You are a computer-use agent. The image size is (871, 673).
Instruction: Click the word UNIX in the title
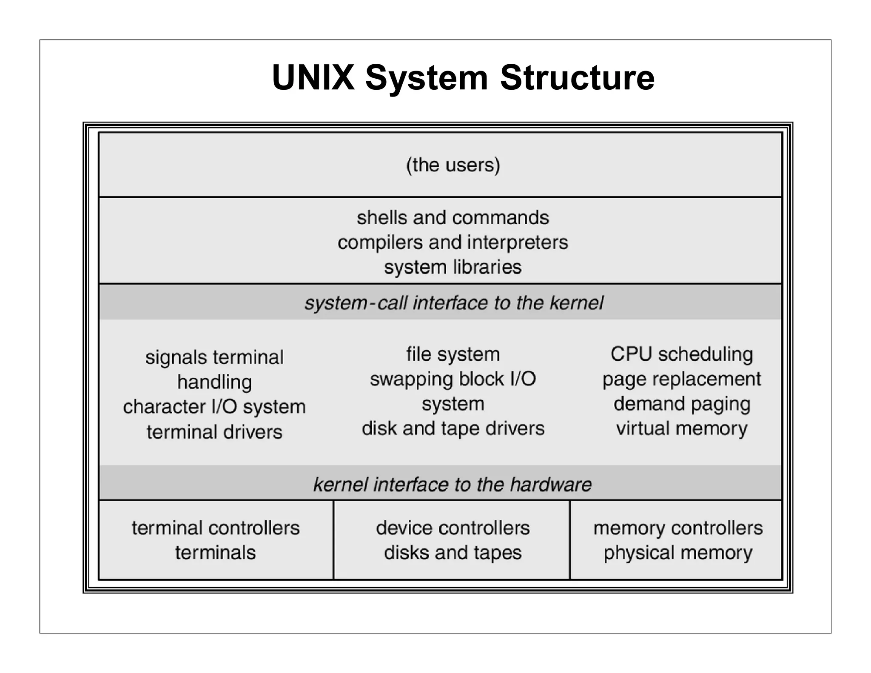313,77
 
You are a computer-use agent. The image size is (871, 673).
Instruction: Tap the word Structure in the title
577,77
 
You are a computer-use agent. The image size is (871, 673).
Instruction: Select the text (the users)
453,165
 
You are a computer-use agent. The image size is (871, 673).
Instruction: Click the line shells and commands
453,218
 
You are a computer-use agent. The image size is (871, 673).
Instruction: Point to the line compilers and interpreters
453,242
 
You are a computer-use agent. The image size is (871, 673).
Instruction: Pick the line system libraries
453,267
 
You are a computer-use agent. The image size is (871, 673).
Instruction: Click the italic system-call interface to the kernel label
453,303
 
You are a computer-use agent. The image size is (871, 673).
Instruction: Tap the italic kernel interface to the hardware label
453,485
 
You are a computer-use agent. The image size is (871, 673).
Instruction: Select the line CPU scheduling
682,354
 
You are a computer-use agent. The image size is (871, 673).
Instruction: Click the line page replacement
682,379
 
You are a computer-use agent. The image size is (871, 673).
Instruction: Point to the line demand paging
682,404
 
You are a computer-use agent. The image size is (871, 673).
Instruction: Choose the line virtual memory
682,428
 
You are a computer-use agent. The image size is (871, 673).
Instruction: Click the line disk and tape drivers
453,428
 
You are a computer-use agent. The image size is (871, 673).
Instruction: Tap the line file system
453,354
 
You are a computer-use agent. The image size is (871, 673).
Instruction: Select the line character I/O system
214,407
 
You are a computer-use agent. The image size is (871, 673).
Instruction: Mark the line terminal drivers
214,432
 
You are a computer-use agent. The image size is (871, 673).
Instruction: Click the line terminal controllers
216,528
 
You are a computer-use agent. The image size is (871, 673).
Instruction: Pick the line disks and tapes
453,553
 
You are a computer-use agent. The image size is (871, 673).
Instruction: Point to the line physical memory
678,553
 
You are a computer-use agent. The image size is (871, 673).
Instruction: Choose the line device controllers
453,528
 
